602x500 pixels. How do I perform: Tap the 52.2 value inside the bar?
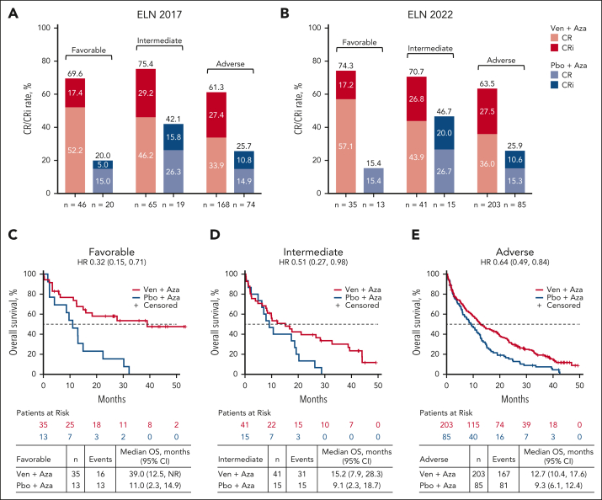pyautogui.click(x=76, y=125)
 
